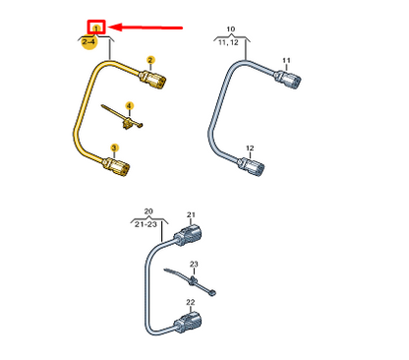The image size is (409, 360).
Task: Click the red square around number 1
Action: click(96, 28)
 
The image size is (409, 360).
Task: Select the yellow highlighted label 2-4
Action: click(88, 43)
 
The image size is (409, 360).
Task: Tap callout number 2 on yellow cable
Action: click(149, 61)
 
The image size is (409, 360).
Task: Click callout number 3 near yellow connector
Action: click(114, 148)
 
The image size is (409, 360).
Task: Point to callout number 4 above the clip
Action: click(129, 105)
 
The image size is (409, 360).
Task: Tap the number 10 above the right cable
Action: click(230, 30)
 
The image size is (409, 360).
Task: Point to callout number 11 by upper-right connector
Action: click(286, 62)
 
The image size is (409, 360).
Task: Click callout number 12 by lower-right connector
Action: click(250, 149)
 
